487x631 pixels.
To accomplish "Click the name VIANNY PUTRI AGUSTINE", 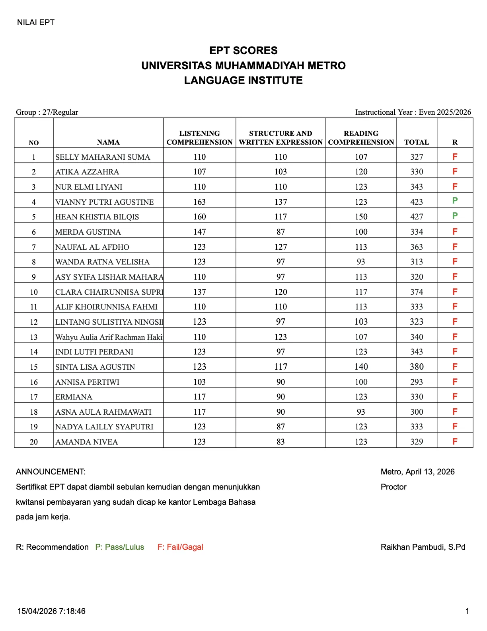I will click(104, 202).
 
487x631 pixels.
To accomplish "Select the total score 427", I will click(417, 217).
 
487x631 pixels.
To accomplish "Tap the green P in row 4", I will click(455, 201).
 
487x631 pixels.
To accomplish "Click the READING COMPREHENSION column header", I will click(361, 138).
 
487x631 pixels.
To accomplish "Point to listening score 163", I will click(199, 202).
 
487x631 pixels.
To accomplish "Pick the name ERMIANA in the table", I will click(74, 397).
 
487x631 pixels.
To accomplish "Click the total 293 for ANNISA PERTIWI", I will click(417, 382).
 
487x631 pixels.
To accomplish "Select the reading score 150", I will click(361, 217).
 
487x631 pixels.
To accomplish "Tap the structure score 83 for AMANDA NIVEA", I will click(281, 442).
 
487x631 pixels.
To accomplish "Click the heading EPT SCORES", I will click(243, 51).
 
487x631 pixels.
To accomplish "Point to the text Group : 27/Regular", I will click(47, 112).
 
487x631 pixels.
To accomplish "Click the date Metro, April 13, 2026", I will click(417, 472).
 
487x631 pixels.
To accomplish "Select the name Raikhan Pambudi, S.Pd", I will click(423, 547).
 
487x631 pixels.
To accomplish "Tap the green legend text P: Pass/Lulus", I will click(119, 547).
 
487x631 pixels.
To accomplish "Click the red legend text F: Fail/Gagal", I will click(180, 547).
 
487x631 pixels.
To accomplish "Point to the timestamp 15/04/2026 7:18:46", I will click(51, 611).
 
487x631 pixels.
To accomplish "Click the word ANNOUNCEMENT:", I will click(51, 472).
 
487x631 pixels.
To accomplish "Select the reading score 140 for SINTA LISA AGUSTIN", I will click(361, 367).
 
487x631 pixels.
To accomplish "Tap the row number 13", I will click(34, 337).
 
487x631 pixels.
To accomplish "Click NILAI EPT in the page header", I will click(36, 22).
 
